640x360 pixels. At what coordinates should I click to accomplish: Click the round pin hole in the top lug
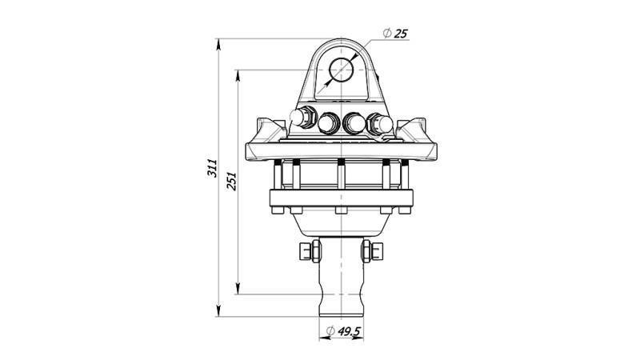tap(342, 71)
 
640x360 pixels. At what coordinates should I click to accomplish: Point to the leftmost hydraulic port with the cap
tap(303, 118)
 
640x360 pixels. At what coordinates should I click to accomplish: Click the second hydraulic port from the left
tap(328, 123)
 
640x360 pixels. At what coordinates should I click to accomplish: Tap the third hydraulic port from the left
tap(353, 123)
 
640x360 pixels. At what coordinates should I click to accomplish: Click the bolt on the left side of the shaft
tap(307, 252)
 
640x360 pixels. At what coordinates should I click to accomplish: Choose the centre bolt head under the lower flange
tap(341, 212)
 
